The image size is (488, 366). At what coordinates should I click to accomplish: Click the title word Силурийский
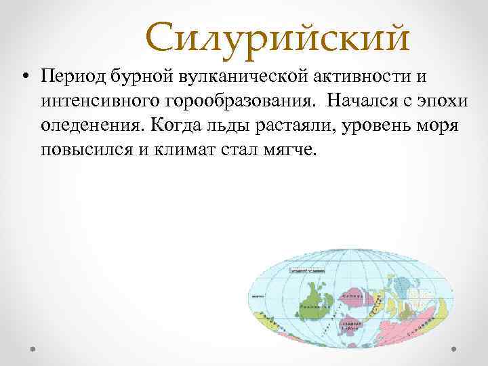[x=277, y=38]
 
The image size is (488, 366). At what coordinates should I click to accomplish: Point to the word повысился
[x=83, y=148]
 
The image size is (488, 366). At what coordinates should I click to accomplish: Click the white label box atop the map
[x=308, y=270]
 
